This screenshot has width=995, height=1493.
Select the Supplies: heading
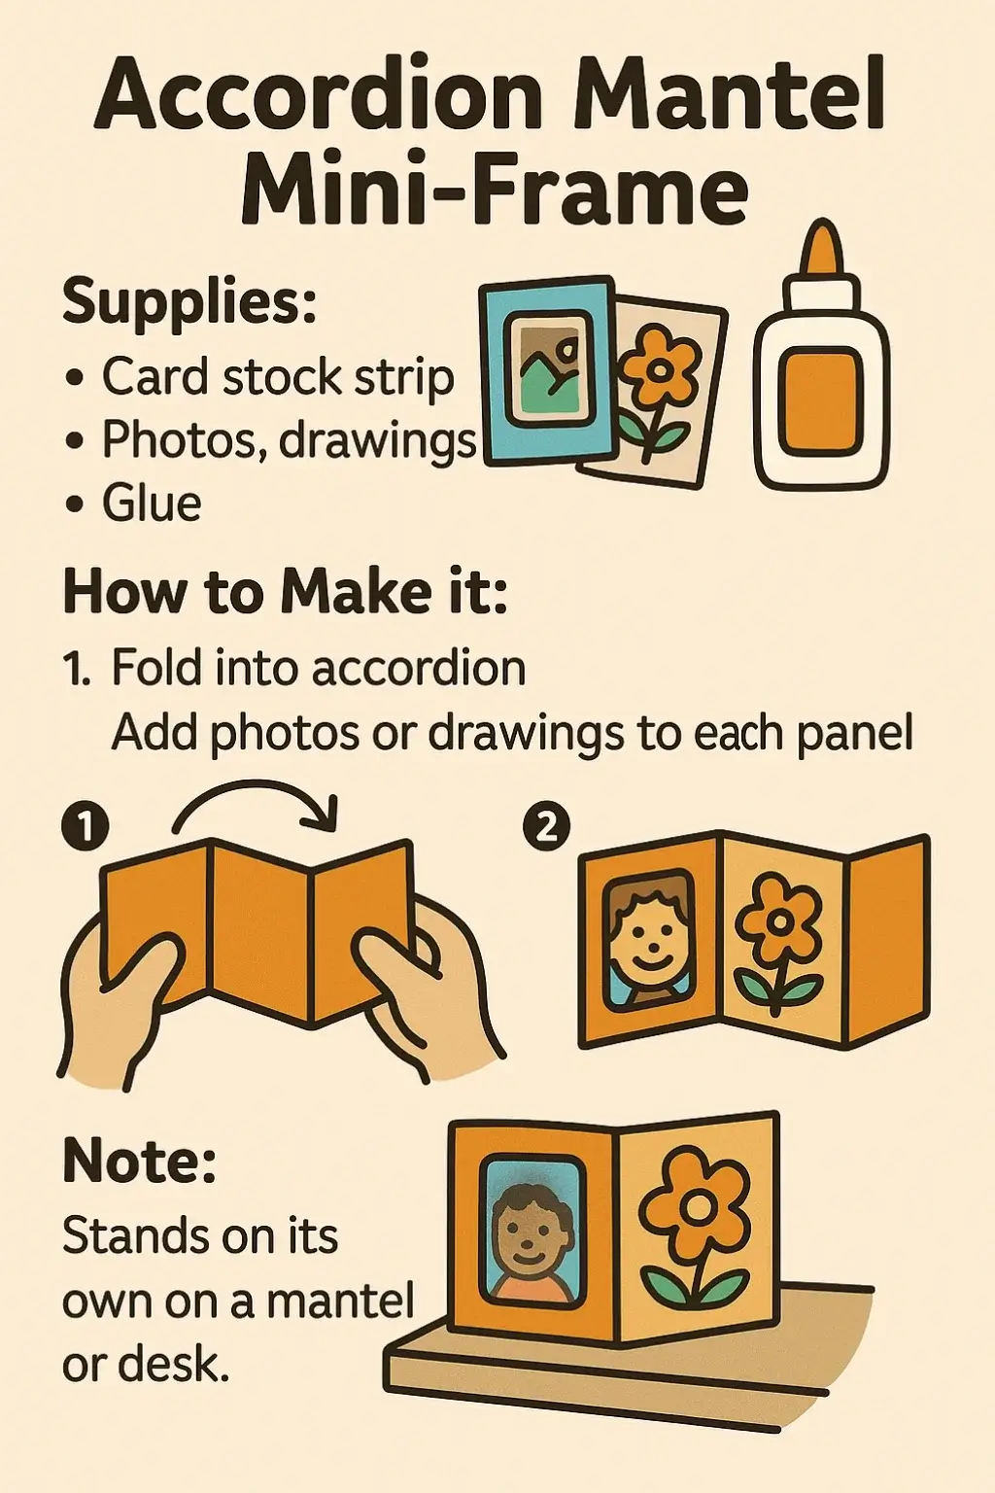pos(189,302)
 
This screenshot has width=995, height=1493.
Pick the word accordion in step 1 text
pos(419,668)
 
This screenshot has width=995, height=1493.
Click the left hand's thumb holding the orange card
pos(143,968)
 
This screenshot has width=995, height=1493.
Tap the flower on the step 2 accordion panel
pos(777,945)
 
